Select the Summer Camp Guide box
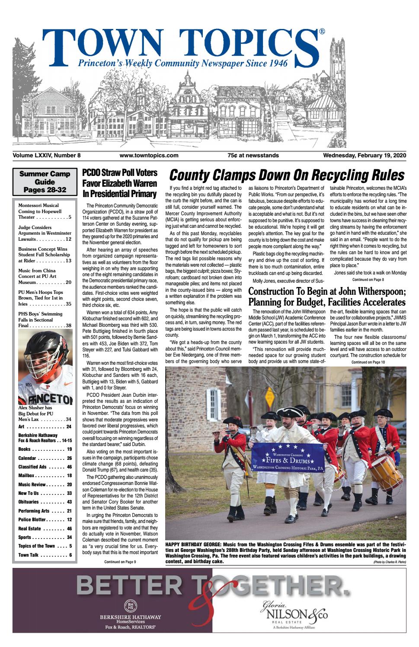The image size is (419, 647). tap(45, 182)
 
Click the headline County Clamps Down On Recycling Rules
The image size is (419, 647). tap(286, 175)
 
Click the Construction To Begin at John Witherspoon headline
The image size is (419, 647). tap(326, 296)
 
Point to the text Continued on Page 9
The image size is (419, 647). tap(120, 562)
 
